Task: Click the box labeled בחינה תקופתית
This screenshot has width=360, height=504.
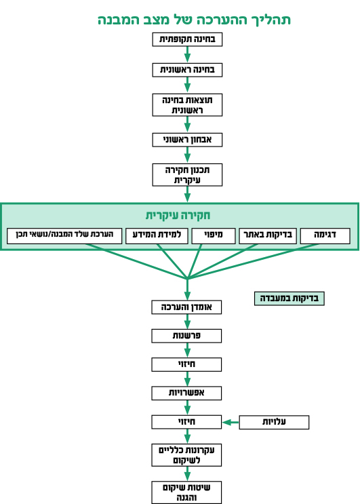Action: (x=187, y=39)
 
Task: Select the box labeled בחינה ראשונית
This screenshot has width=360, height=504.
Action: (x=187, y=70)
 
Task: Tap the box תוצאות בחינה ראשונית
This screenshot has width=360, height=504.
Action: (x=187, y=104)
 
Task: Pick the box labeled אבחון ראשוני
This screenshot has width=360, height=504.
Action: (x=187, y=140)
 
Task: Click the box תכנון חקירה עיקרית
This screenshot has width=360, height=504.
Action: (x=187, y=175)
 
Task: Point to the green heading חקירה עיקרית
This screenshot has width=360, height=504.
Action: (x=178, y=215)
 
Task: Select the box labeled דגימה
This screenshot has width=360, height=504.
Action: (x=325, y=236)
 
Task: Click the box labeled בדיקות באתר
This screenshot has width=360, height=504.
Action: (x=268, y=236)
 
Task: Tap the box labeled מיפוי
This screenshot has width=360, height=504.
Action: (x=214, y=236)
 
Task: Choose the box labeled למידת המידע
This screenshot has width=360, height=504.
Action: (x=157, y=236)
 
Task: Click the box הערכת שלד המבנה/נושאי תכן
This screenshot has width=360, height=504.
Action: (x=64, y=236)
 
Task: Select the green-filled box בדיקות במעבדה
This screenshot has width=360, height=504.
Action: (x=289, y=298)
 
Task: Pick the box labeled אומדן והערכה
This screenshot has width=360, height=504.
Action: (x=186, y=307)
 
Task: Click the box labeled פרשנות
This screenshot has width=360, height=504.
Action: (x=186, y=336)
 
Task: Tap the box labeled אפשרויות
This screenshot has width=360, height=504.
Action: (x=186, y=393)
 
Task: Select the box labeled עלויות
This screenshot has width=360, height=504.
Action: (x=274, y=422)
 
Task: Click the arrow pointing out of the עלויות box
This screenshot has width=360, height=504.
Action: (x=231, y=422)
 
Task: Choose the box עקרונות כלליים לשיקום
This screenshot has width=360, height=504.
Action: (x=186, y=455)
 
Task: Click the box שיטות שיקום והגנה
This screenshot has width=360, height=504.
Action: (x=186, y=492)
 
